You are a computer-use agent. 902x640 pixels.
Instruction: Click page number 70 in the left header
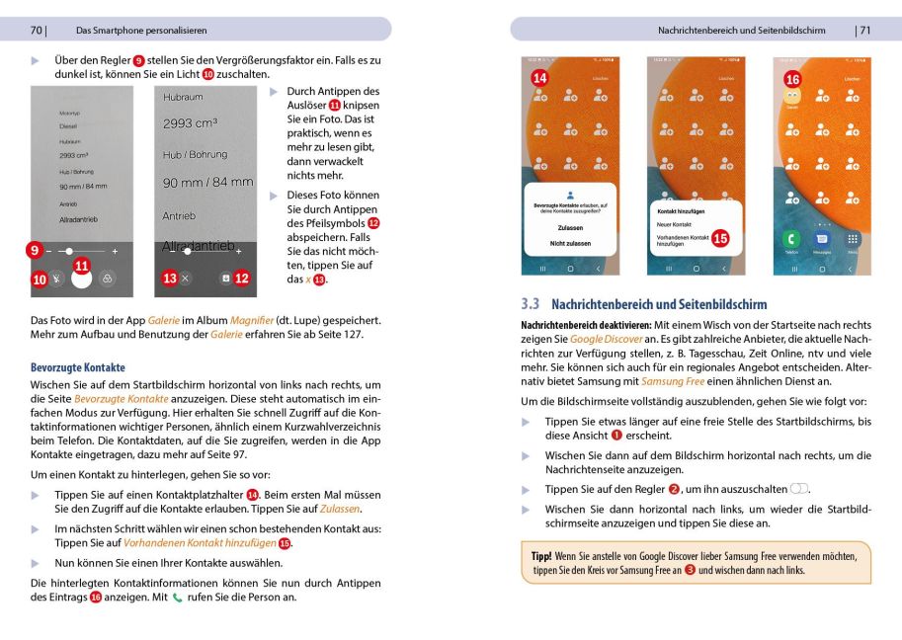36,30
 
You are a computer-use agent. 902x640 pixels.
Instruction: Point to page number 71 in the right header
863,30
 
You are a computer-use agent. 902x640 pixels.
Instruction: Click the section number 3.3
531,304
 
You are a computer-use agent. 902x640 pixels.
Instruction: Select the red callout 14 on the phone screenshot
539,78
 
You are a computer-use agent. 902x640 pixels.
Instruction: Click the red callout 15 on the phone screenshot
720,238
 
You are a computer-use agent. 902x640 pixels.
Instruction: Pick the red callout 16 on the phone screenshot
791,78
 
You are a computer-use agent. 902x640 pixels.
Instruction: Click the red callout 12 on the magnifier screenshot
241,279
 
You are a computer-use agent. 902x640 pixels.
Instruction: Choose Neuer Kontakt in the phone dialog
675,224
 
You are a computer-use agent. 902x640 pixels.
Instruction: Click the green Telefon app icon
791,239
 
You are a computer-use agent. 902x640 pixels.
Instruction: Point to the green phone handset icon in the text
179,598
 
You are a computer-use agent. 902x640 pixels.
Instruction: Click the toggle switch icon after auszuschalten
799,490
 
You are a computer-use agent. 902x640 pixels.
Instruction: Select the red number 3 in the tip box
690,570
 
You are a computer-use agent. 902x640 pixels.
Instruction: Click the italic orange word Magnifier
251,320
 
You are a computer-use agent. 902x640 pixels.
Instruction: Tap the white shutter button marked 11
82,279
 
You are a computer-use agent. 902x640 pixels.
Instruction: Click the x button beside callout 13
186,279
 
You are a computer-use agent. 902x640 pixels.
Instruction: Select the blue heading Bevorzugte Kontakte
78,367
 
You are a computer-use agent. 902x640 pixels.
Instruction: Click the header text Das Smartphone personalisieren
141,30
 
